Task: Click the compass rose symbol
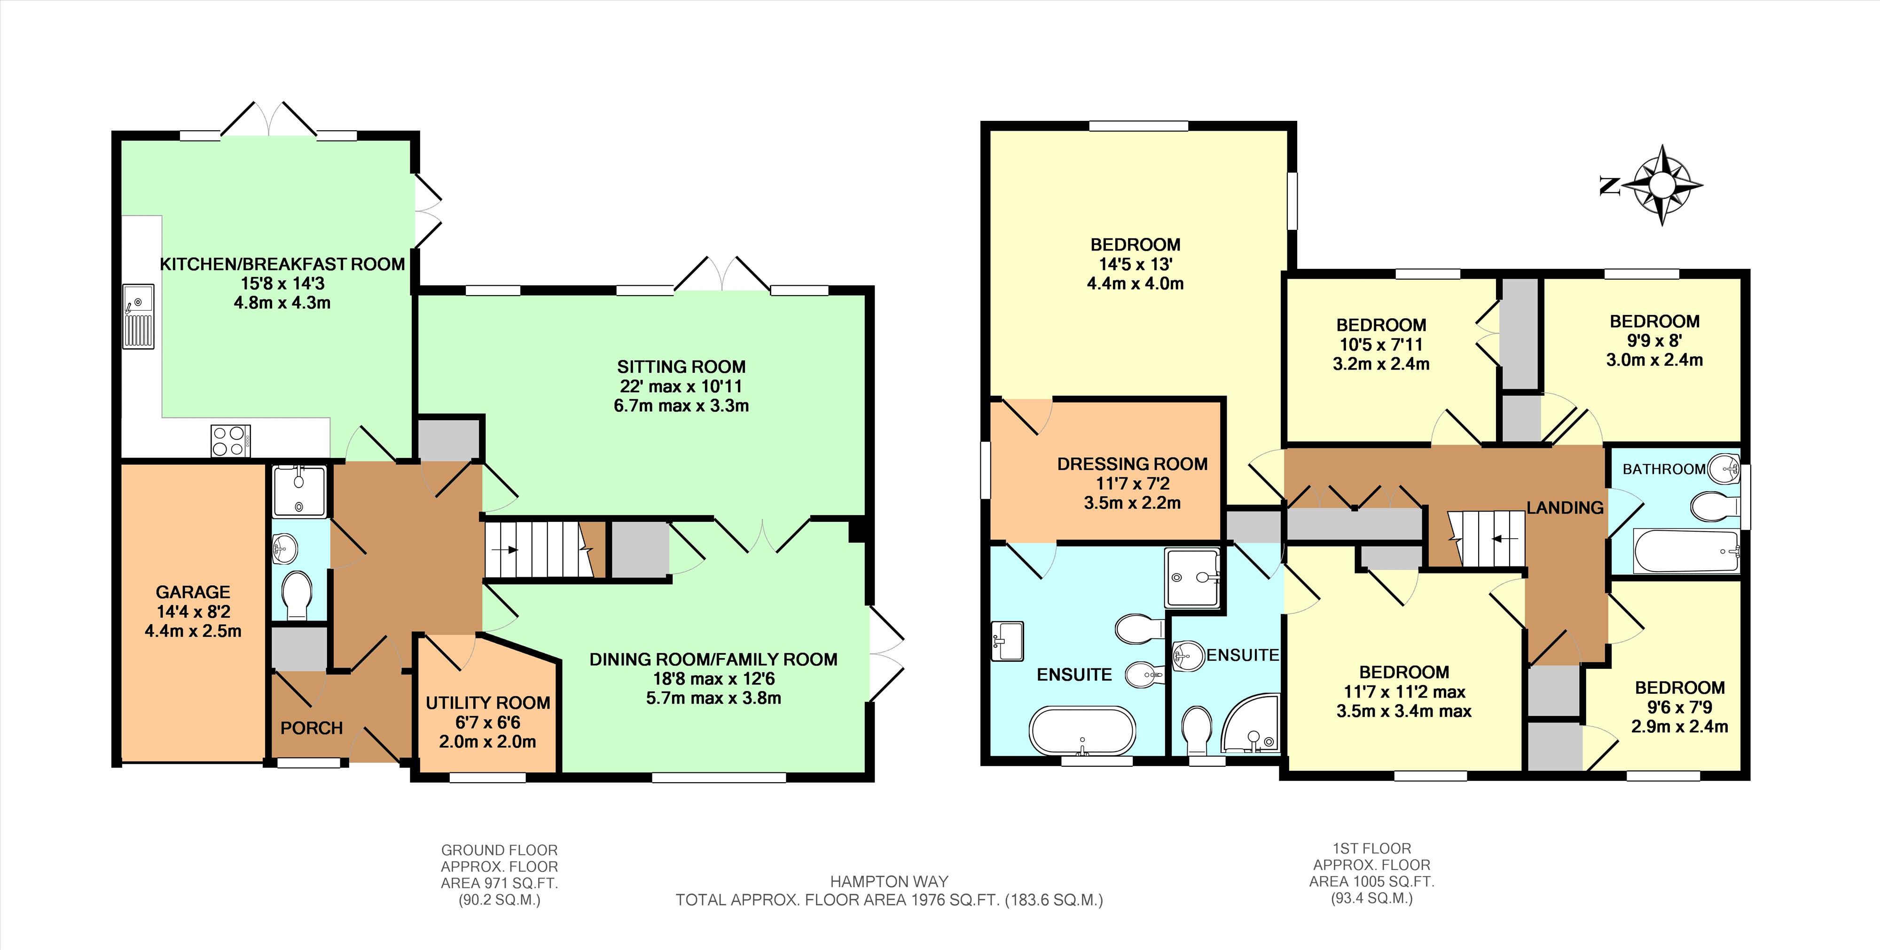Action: (x=1662, y=185)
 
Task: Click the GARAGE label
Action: (x=193, y=592)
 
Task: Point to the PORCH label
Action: (x=312, y=728)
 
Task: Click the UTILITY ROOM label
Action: (x=487, y=703)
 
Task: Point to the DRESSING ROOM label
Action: (x=1132, y=463)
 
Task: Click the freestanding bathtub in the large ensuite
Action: (x=1082, y=731)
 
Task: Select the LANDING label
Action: (x=1565, y=507)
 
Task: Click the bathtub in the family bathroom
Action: (x=1686, y=551)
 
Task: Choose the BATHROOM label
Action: (x=1664, y=469)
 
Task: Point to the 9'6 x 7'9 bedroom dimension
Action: (x=1679, y=707)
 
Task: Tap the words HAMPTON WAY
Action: (x=889, y=881)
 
